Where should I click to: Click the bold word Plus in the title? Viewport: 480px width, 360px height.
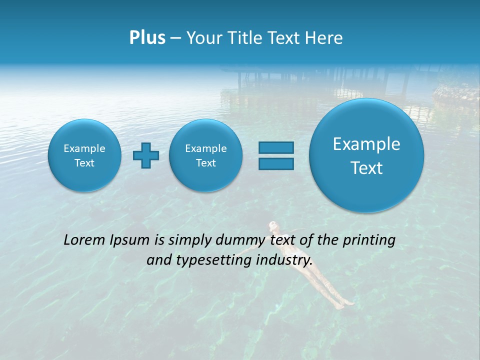(147, 38)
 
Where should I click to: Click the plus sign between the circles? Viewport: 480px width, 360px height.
(146, 155)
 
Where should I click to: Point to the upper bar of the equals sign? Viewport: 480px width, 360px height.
(276, 148)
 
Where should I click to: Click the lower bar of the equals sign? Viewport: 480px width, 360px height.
(276, 163)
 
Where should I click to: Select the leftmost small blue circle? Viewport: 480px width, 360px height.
(84, 155)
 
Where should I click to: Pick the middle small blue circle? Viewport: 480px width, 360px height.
(205, 155)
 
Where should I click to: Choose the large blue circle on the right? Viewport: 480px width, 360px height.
(366, 155)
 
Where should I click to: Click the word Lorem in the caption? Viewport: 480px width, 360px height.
(85, 240)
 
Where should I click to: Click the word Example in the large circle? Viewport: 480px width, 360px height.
(366, 144)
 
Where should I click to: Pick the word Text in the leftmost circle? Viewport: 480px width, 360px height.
(84, 163)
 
